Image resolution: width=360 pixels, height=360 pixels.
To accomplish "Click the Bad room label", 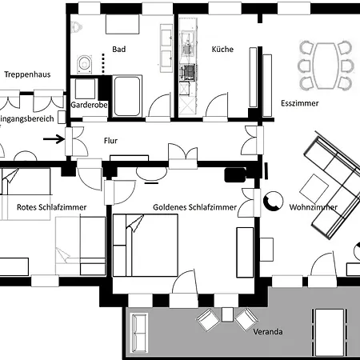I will pos(119,50).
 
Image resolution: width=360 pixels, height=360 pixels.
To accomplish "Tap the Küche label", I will pos(222,50).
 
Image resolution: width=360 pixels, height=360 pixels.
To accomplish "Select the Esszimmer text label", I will pos(300,104).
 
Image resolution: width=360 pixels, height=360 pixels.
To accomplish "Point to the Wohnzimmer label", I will pos(313,207).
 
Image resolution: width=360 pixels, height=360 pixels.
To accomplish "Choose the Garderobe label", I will pos(90,105).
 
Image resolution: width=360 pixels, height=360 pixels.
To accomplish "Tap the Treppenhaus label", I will pos(28,74).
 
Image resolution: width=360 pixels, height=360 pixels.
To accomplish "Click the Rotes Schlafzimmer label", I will pos(51,207).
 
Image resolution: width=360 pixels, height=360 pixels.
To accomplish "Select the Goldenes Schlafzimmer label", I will pos(194,207).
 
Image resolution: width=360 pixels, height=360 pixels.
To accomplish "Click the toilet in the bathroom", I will pos(84,62).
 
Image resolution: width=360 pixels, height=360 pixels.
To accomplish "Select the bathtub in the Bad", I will pos(128,95).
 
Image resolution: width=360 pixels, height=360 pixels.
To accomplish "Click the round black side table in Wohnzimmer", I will pos(274,202).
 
